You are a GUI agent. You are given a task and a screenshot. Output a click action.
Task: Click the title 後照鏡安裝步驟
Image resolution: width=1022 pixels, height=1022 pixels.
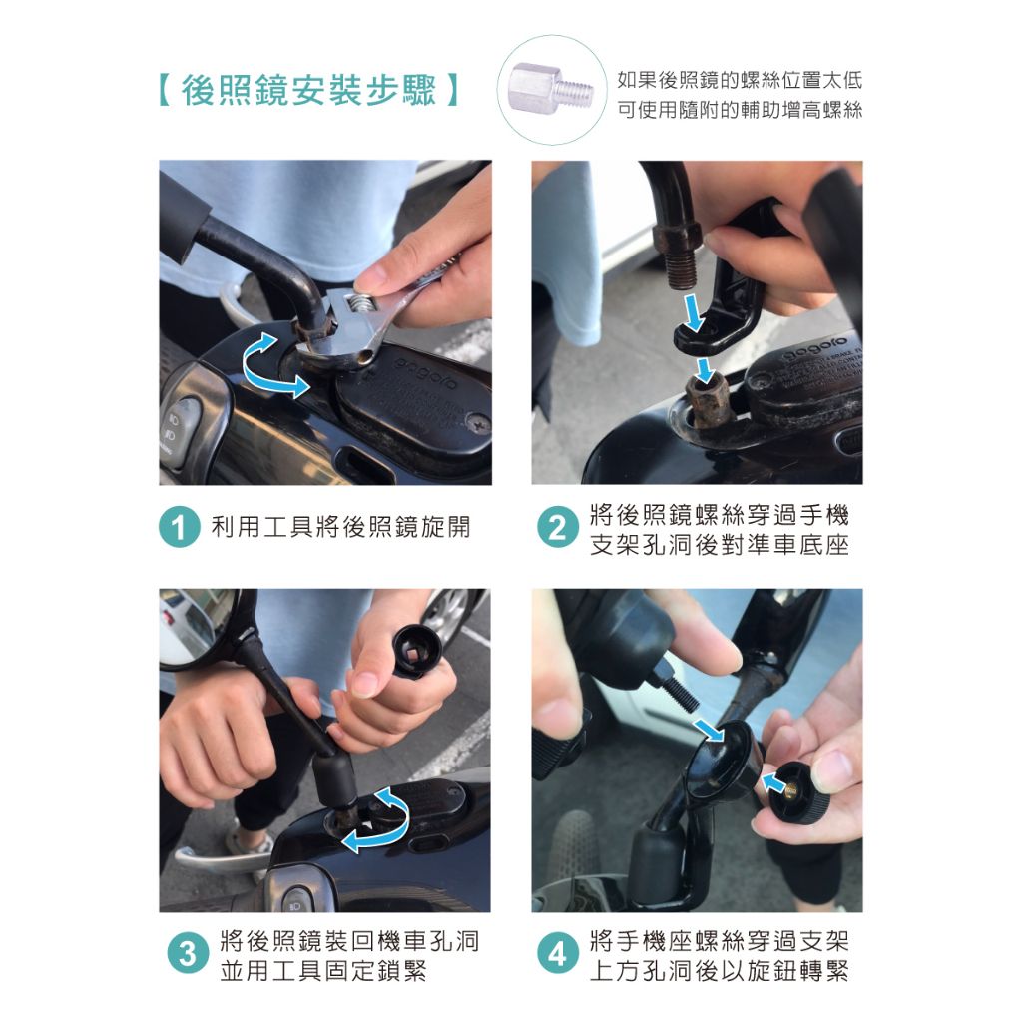[x=308, y=89]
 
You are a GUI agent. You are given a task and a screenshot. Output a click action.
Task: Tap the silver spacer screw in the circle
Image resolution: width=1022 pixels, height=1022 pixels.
[x=551, y=84]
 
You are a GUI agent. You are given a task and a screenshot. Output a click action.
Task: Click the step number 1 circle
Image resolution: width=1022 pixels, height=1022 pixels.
[x=179, y=527]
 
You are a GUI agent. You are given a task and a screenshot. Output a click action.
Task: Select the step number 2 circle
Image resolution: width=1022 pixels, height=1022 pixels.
[x=557, y=527]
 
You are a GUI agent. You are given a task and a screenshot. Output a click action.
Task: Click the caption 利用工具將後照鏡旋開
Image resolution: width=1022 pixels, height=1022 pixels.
[x=340, y=527]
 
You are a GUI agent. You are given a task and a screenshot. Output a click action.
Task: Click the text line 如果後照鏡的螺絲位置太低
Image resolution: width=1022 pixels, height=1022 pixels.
[x=740, y=80]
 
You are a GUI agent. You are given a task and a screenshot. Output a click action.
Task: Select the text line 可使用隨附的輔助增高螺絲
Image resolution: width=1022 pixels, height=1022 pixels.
[x=740, y=110]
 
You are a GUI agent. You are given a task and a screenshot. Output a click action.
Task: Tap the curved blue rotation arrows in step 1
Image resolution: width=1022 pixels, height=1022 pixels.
[x=273, y=365]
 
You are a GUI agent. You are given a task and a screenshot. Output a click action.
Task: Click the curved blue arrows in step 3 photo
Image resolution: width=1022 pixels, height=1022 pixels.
[x=378, y=820]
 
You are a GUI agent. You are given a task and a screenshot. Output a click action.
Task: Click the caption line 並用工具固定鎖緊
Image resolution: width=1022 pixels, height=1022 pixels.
[x=323, y=970]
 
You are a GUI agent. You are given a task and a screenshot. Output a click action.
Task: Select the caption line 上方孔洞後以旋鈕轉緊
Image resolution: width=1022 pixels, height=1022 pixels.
[x=720, y=970]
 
